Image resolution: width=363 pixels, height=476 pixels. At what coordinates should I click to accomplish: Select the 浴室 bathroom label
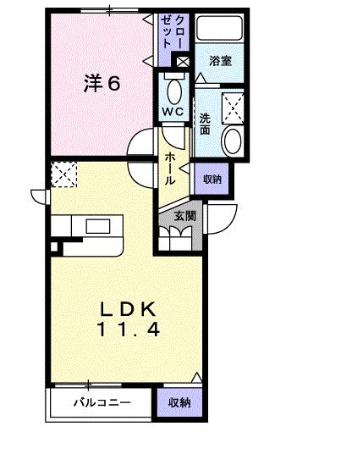[x=222, y=60]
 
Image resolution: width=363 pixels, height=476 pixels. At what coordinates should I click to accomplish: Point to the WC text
[x=174, y=110]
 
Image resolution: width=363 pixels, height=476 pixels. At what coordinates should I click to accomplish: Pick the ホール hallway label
[x=172, y=168]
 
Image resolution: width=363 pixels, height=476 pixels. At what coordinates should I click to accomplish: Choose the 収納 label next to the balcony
[x=179, y=403]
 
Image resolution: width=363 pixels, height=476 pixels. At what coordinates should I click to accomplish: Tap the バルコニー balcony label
[x=101, y=403]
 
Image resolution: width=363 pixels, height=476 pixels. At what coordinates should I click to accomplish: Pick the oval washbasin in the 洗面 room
[x=231, y=141]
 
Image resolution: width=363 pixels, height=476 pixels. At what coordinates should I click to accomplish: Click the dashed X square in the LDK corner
[x=63, y=174]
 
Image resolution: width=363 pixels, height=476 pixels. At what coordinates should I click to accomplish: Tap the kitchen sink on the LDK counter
[x=96, y=226]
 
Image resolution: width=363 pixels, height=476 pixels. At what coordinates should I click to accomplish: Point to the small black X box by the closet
[x=183, y=60]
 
